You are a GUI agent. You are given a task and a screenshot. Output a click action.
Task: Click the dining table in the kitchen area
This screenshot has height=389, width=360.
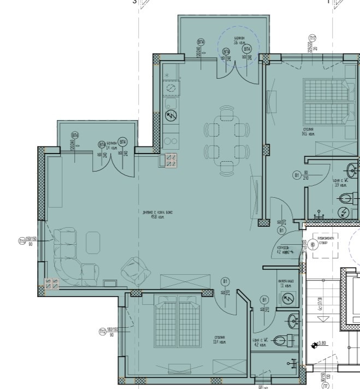pyautogui.click(x=226, y=140)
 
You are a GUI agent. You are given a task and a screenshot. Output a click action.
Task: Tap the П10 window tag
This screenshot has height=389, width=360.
pyautogui.click(x=22, y=241)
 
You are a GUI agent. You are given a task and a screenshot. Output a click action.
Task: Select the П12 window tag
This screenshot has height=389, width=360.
pyautogui.click(x=102, y=331)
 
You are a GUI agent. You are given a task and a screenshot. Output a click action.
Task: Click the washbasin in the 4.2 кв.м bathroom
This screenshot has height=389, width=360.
pyautogui.click(x=294, y=319)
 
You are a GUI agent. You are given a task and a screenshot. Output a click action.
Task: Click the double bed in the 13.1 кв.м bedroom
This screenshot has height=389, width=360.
pyautogui.click(x=178, y=322)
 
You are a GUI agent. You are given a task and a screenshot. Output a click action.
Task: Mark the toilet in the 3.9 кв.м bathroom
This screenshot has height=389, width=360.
pyautogui.click(x=344, y=198)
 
